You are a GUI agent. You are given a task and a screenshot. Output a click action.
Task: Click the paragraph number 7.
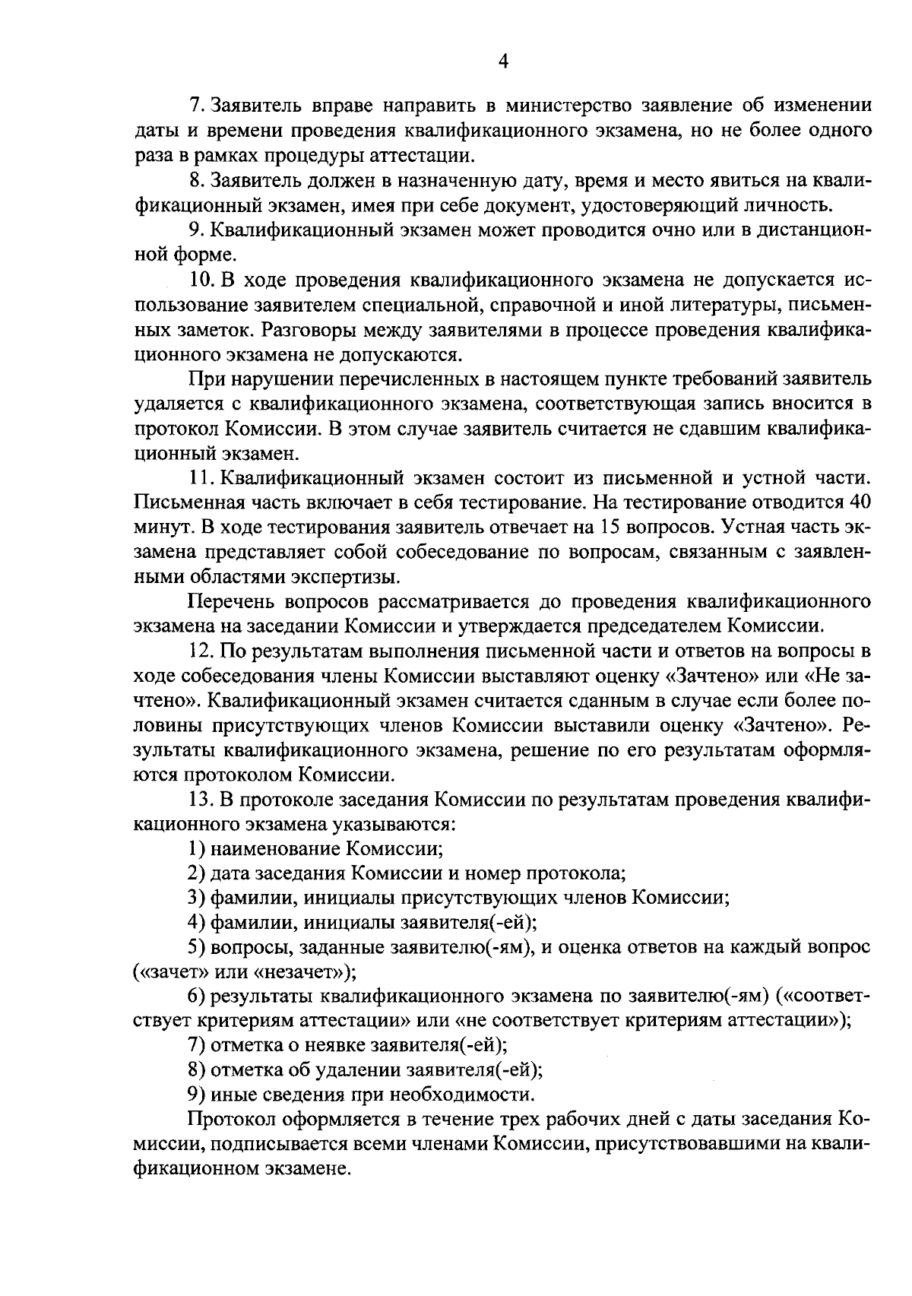pyautogui.click(x=194, y=105)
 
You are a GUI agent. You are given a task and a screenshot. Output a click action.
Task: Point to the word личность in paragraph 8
pyautogui.click(x=790, y=205)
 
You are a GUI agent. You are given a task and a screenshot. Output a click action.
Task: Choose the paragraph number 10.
pyautogui.click(x=200, y=280)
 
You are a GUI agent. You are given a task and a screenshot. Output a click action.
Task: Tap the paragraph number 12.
pyautogui.click(x=200, y=652)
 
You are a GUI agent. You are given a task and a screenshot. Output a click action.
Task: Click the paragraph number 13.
pyautogui.click(x=200, y=800)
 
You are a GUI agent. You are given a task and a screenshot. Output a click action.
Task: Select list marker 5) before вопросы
pyautogui.click(x=196, y=948)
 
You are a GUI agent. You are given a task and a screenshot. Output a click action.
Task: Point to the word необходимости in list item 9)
pyautogui.click(x=462, y=1095)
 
